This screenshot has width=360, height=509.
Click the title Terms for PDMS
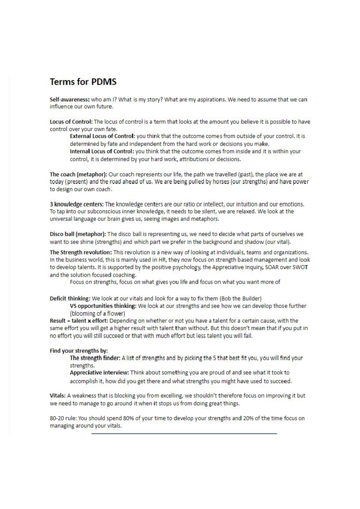pyautogui.click(x=83, y=82)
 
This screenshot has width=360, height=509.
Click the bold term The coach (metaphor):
pyautogui.click(x=78, y=174)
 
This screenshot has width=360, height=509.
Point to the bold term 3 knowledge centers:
pyautogui.click(x=77, y=204)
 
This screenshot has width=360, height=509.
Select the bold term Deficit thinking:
pyautogui.click(x=70, y=299)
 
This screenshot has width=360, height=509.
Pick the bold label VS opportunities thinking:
pyautogui.click(x=103, y=306)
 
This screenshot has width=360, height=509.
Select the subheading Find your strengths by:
pyautogui.click(x=79, y=351)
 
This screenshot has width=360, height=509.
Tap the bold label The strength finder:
pyautogui.click(x=95, y=358)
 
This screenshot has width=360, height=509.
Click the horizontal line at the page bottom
pyautogui.click(x=184, y=433)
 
